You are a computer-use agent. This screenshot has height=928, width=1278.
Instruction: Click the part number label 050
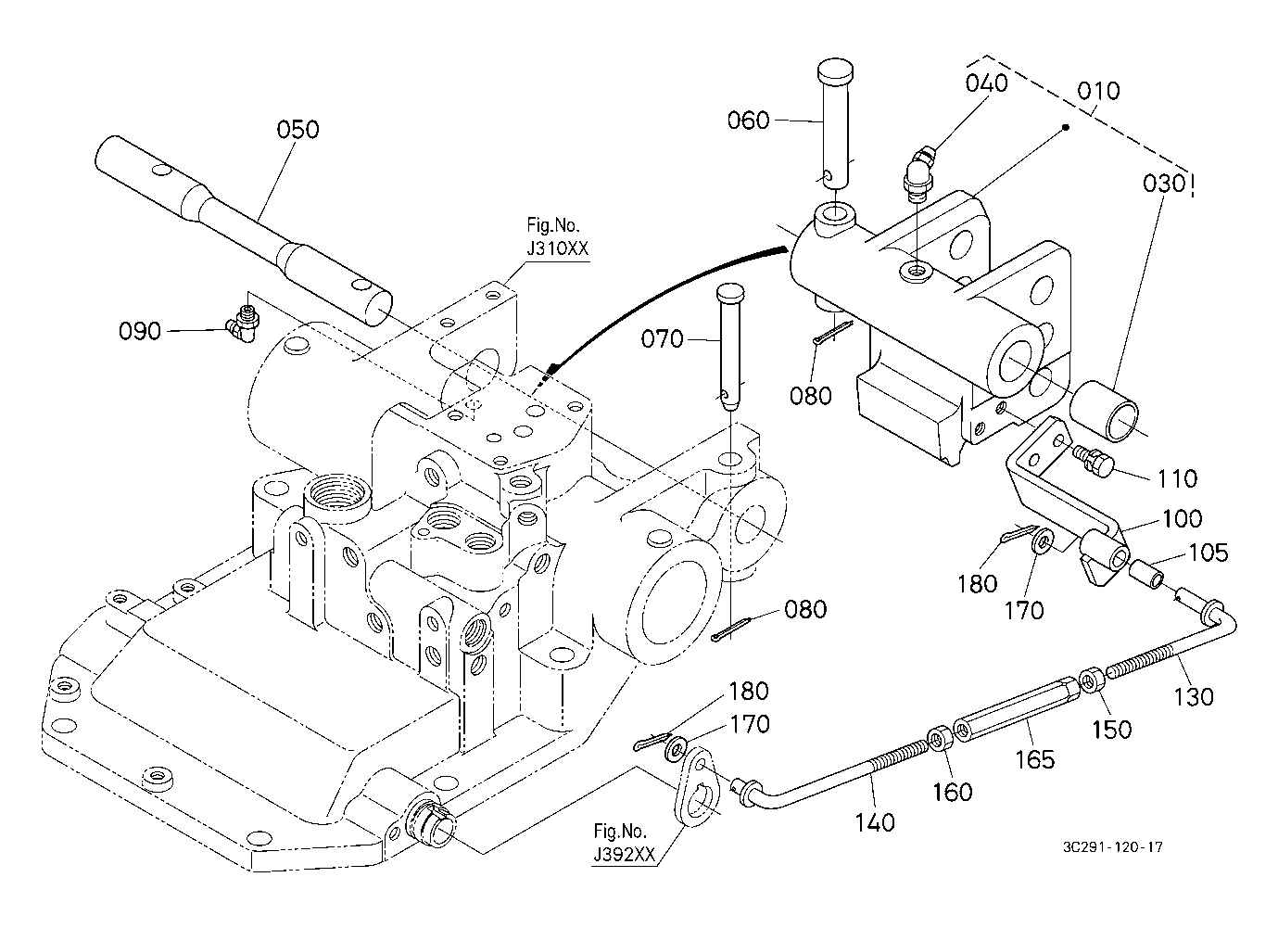click(297, 129)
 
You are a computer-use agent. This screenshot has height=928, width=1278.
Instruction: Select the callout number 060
click(748, 120)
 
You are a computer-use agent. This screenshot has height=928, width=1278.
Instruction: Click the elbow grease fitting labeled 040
click(919, 169)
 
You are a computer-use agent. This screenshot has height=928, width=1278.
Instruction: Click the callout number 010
click(1098, 91)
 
